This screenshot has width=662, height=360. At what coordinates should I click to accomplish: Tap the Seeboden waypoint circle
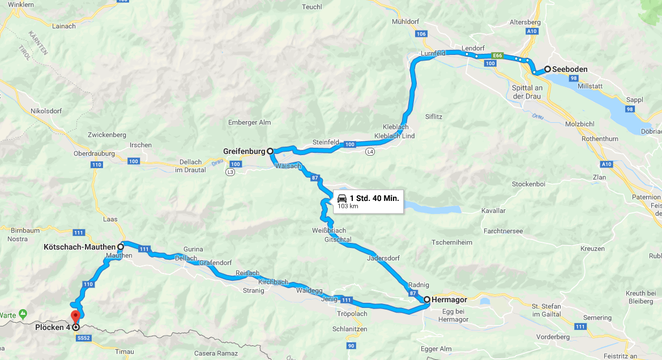tap(548, 69)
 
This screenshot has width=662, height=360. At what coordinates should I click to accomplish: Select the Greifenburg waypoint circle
tap(270, 151)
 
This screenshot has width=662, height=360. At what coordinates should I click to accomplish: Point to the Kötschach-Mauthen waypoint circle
tap(121, 247)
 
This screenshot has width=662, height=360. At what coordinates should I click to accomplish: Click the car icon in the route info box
tap(342, 198)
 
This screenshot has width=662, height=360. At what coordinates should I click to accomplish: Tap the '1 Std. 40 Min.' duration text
tap(374, 198)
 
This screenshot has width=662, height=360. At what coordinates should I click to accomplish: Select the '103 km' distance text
tap(348, 207)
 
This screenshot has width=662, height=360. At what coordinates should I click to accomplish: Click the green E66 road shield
tap(497, 55)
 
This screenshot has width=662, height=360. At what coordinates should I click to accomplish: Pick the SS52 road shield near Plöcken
tap(83, 338)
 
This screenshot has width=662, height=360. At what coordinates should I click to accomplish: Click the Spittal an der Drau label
tap(527, 92)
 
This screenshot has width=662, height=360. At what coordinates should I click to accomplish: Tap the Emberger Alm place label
tap(249, 122)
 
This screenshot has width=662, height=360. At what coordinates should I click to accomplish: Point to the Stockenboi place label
tap(528, 184)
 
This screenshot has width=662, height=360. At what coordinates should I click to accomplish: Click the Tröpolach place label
tap(352, 314)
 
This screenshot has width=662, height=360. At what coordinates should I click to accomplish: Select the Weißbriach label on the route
tap(328, 230)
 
